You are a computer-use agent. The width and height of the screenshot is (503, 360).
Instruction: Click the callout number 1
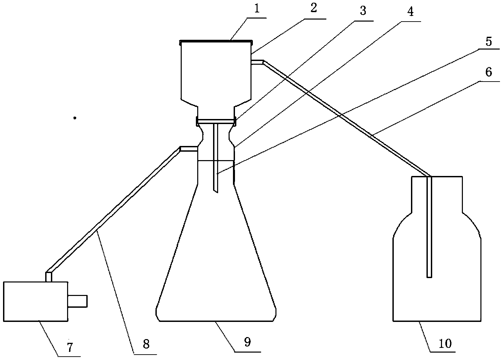point(257,9)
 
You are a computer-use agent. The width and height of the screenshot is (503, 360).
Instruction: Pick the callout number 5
point(489,42)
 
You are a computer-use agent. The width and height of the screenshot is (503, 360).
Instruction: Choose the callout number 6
point(489,72)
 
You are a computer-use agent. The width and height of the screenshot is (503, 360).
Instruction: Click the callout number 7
point(69,347)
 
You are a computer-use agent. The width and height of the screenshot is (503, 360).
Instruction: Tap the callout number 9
point(247,342)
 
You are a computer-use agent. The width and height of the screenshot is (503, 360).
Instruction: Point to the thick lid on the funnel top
point(216,42)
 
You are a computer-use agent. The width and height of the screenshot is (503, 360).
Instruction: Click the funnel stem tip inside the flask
point(216,190)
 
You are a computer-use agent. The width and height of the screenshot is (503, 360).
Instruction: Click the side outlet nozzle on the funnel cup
point(257,62)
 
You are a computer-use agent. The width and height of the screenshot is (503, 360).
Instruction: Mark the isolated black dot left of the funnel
point(75,118)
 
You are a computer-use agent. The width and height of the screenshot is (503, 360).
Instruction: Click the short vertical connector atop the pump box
point(49,276)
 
